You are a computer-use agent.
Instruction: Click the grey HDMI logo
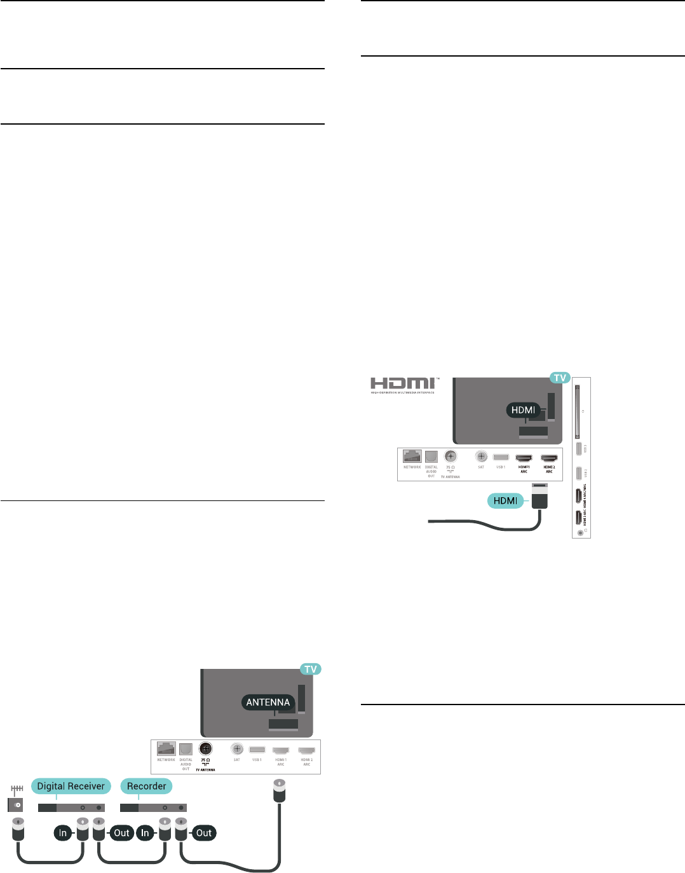coord(404,383)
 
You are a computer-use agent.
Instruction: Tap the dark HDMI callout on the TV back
coord(524,410)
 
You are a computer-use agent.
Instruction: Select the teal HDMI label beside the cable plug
coord(505,500)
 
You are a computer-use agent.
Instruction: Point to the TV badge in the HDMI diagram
coord(560,378)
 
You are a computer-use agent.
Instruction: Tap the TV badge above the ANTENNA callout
coord(311,669)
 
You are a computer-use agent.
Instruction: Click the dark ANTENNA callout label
coord(268,702)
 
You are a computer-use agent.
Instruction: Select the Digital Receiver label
coord(71,786)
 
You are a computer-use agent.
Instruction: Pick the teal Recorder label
coord(146,786)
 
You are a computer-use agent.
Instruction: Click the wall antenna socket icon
coord(17,804)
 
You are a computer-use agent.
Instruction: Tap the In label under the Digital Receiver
coord(63,833)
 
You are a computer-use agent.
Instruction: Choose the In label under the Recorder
coord(145,833)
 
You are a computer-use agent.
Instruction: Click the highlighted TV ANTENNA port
coord(205,749)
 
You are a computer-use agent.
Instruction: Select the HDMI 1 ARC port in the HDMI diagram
coord(524,458)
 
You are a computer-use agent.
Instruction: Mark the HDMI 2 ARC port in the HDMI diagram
coord(549,458)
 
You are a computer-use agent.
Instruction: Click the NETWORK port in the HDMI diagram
coord(412,457)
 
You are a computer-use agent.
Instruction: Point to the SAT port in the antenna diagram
coord(237,749)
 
